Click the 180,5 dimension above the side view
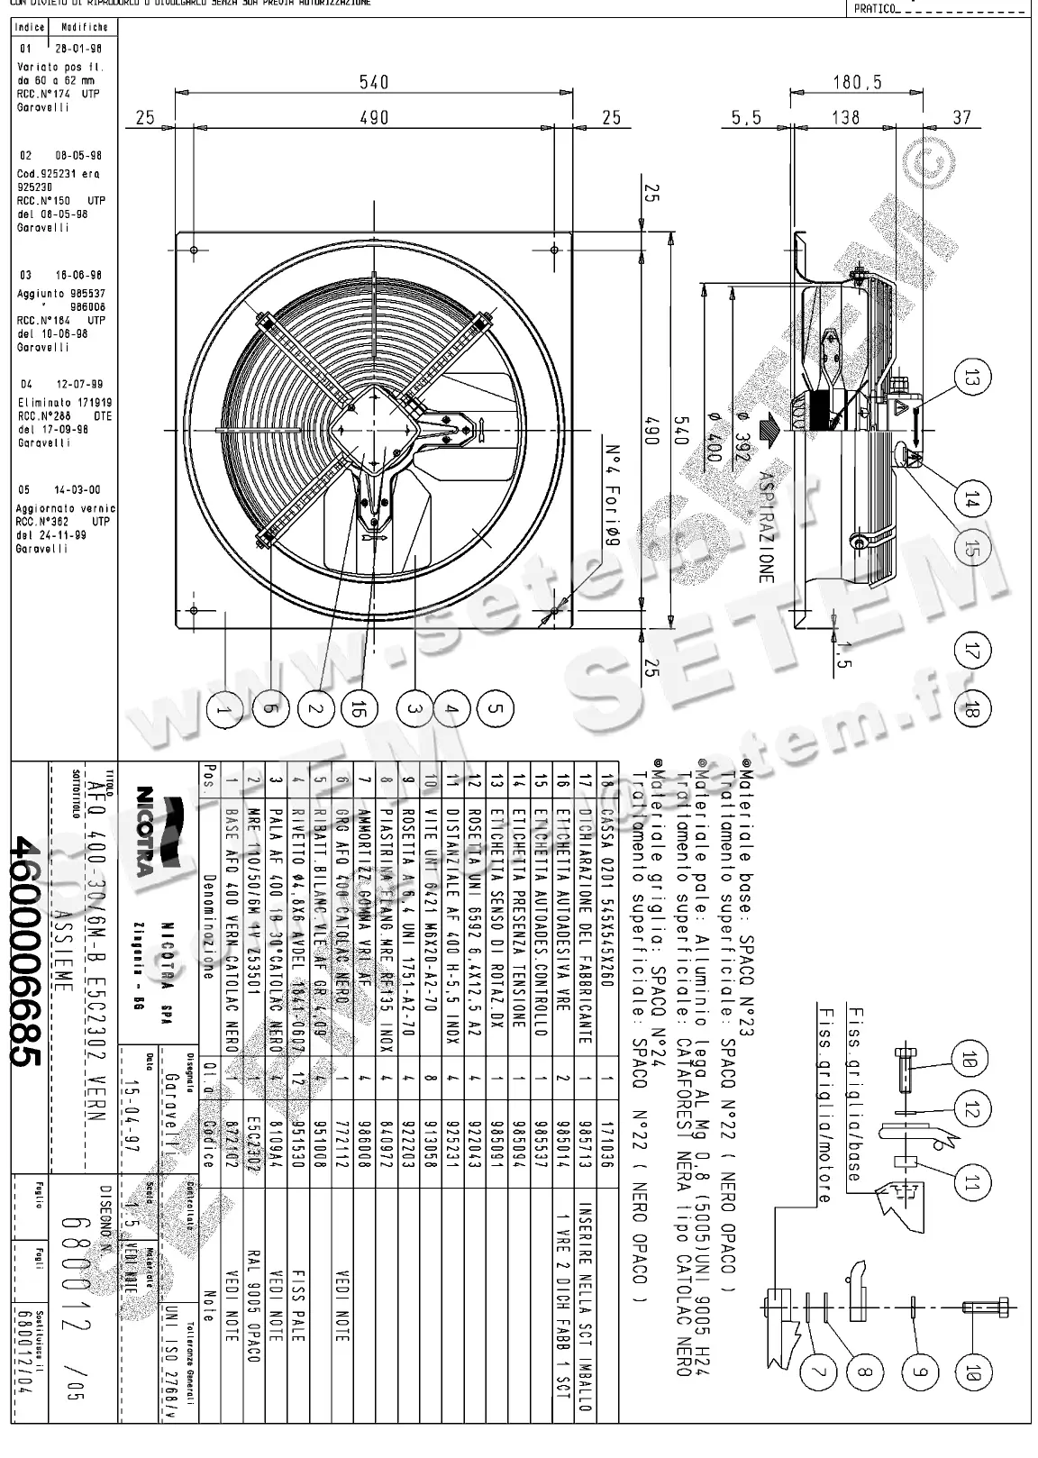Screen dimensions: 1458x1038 pos(857,82)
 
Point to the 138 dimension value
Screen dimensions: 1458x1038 pos(844,117)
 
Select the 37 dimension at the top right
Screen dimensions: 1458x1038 pos(962,117)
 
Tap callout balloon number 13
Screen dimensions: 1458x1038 pos(970,379)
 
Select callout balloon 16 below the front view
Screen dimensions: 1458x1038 pos(358,710)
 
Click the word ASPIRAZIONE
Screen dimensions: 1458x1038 pos(766,527)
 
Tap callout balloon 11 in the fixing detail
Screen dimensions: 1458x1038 pos(970,1183)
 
